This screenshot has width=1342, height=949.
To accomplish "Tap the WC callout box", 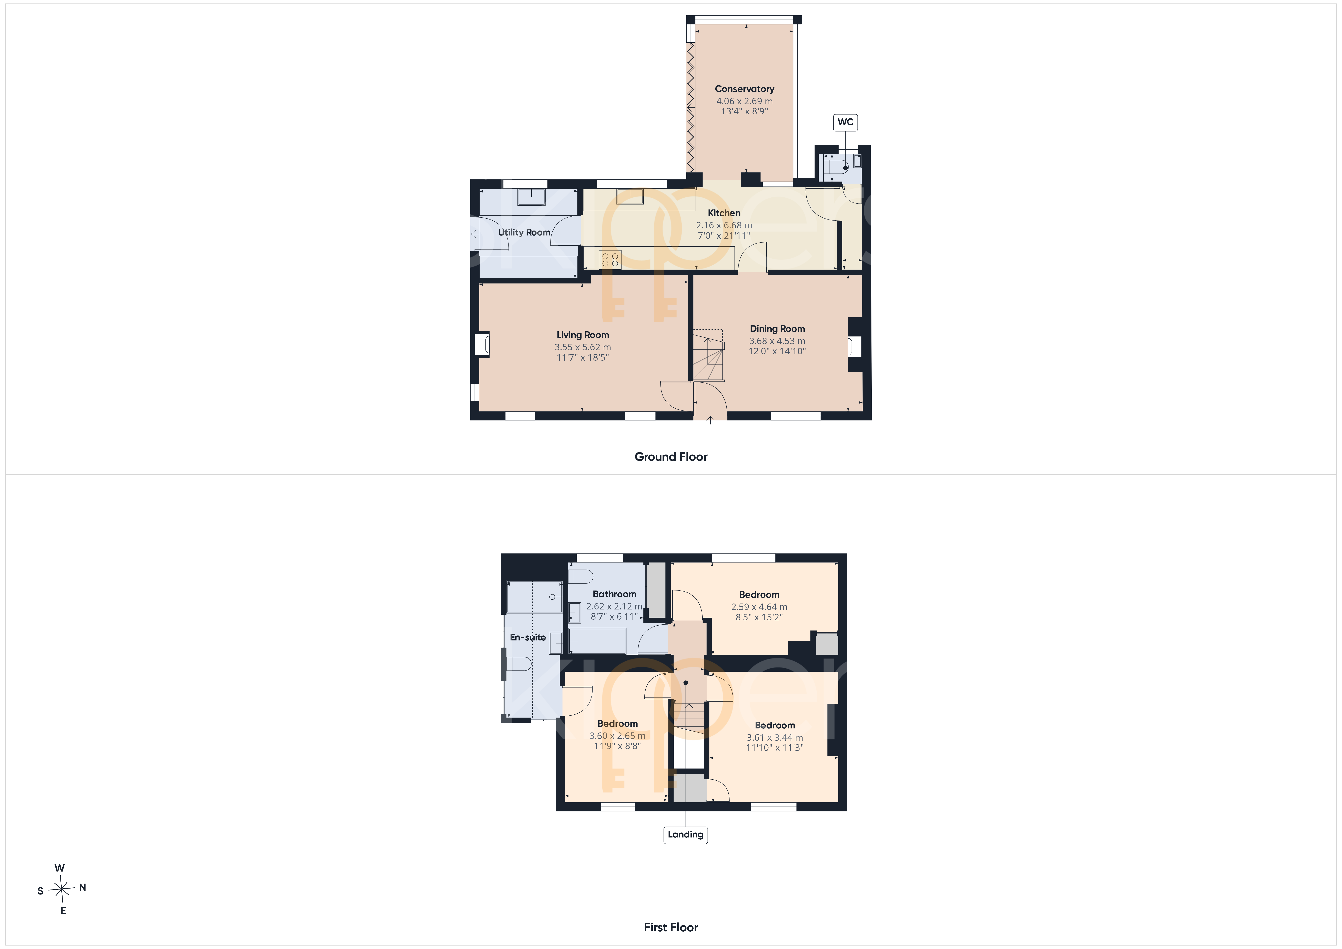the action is (845, 122).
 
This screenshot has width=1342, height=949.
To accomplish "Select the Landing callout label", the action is (686, 834).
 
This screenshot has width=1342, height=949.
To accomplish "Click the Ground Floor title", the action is (671, 457).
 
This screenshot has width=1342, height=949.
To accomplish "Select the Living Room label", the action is (583, 335).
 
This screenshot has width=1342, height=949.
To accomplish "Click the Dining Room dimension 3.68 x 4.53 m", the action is (777, 341).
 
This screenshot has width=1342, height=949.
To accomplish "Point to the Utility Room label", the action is (524, 232).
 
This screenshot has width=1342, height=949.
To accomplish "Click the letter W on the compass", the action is (60, 868).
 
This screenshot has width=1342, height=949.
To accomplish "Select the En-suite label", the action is (528, 637).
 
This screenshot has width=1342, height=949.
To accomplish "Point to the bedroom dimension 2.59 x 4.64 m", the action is (759, 607).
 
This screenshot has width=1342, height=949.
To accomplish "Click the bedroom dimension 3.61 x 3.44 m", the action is (774, 738).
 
